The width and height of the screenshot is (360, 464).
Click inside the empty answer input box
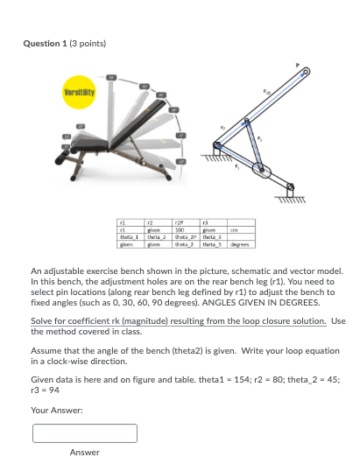point(85,433)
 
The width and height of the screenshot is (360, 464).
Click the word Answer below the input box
point(84,452)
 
